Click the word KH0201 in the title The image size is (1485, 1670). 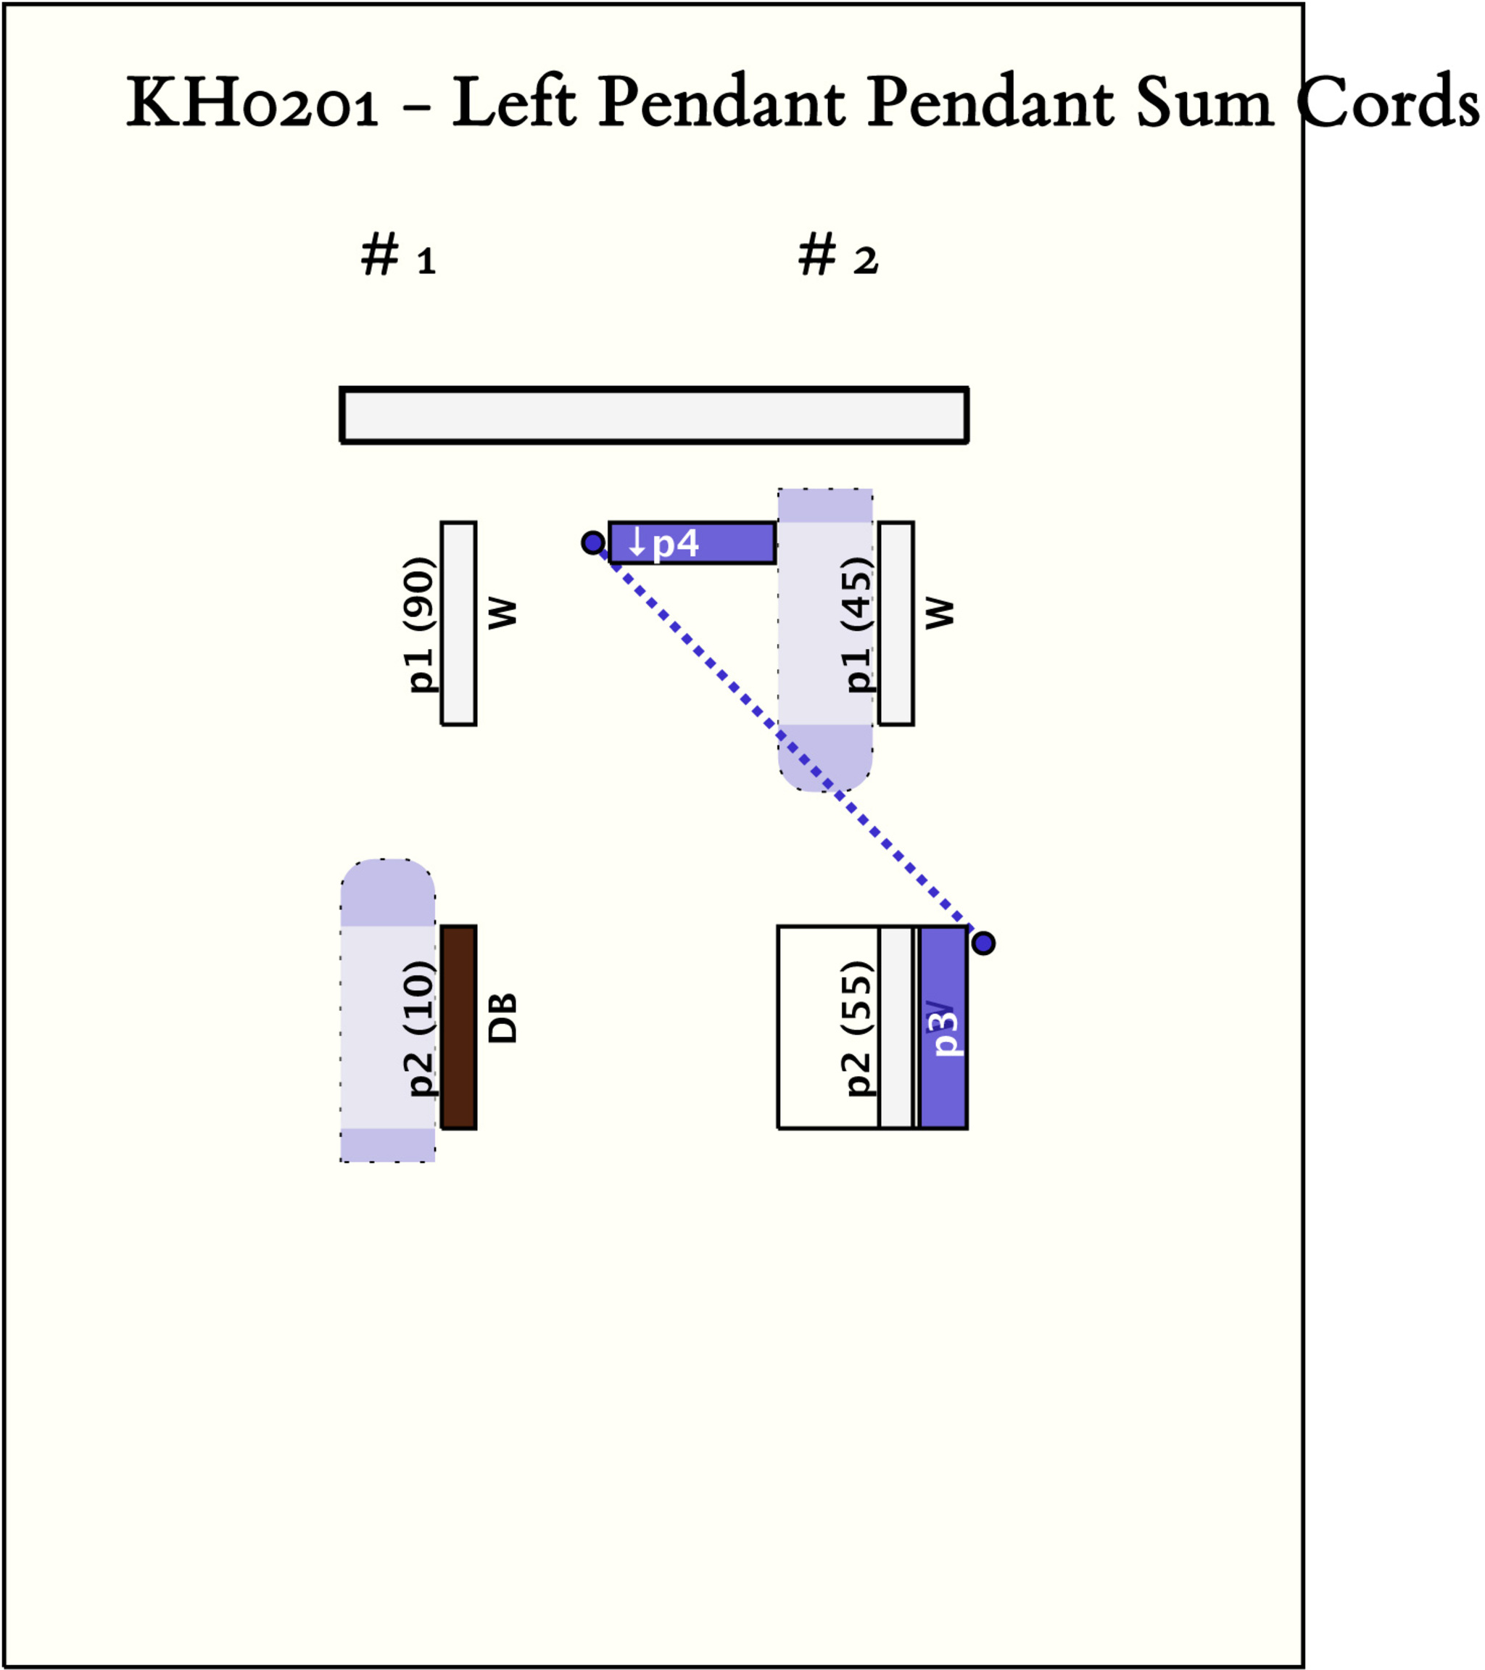(252, 104)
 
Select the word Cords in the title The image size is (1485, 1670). (1388, 104)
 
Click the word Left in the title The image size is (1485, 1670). (515, 104)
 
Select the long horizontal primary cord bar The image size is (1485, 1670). (654, 416)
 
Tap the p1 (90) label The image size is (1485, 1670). (421, 624)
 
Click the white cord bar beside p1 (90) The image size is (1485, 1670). (459, 624)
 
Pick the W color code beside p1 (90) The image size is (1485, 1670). (502, 613)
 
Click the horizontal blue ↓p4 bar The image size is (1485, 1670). (692, 543)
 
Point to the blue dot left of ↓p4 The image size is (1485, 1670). (593, 542)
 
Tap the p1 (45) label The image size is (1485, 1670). (858, 624)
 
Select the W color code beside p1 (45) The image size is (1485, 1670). (939, 613)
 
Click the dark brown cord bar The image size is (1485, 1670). (459, 1028)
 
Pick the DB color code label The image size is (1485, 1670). (502, 1018)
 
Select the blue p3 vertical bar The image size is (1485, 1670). (943, 1028)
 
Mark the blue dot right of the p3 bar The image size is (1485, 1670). (983, 943)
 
